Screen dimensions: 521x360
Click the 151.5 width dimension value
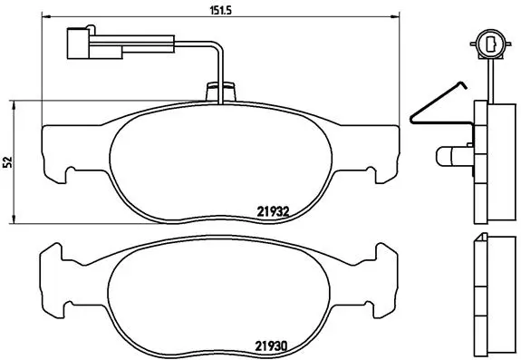(x=220, y=10)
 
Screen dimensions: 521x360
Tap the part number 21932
(x=273, y=212)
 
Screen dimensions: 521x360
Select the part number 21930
(x=271, y=346)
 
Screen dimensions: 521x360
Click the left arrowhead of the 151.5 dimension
(x=46, y=16)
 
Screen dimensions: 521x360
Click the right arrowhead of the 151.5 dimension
(x=395, y=16)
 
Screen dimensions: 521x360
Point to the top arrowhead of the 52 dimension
(x=14, y=106)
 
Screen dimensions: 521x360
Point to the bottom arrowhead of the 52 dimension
(x=14, y=219)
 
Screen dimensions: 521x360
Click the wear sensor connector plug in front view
(x=95, y=44)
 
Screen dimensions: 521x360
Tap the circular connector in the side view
(x=490, y=44)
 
